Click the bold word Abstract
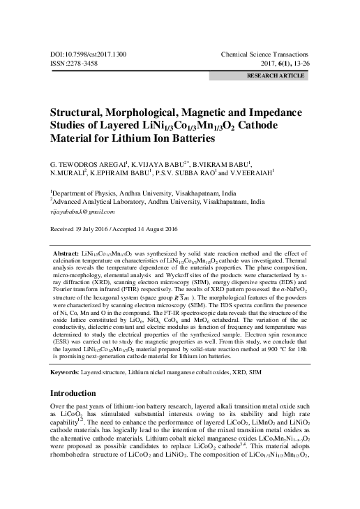(67, 250)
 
